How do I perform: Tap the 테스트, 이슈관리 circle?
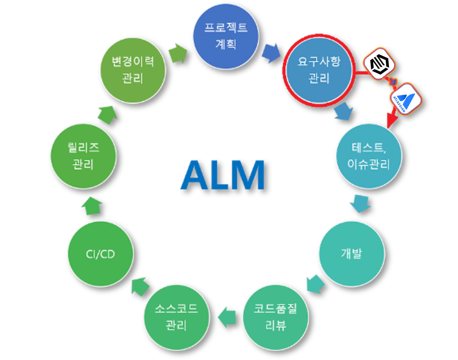pyautogui.click(x=369, y=156)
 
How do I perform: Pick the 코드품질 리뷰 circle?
pyautogui.click(x=275, y=316)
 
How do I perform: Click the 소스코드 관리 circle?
pyautogui.click(x=176, y=316)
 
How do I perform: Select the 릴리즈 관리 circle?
pyautogui.click(x=83, y=156)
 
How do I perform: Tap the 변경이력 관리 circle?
pyautogui.click(x=133, y=69)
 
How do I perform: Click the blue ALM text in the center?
pyautogui.click(x=223, y=175)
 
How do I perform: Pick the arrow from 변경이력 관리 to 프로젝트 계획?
pyautogui.click(x=178, y=52)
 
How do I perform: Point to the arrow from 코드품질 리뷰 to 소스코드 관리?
pyautogui.click(x=227, y=316)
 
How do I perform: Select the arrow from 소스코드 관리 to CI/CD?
pyautogui.click(x=140, y=286)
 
